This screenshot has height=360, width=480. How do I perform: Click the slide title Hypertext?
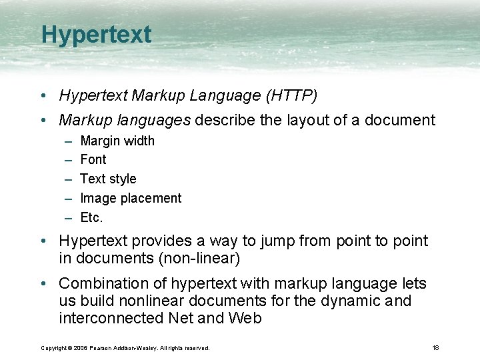[x=96, y=35]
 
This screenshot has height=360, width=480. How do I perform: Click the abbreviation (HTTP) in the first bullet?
[x=291, y=96]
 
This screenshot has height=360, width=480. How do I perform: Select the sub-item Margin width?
[x=117, y=141]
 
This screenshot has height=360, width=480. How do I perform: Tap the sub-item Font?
[x=93, y=159]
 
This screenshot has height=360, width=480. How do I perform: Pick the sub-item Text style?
[x=108, y=179]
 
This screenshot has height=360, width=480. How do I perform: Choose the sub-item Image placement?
[x=131, y=198]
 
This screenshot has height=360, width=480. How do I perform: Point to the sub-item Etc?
[x=91, y=217]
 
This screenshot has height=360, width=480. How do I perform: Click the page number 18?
[x=435, y=347]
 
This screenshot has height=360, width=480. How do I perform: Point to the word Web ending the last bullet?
[x=245, y=319]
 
